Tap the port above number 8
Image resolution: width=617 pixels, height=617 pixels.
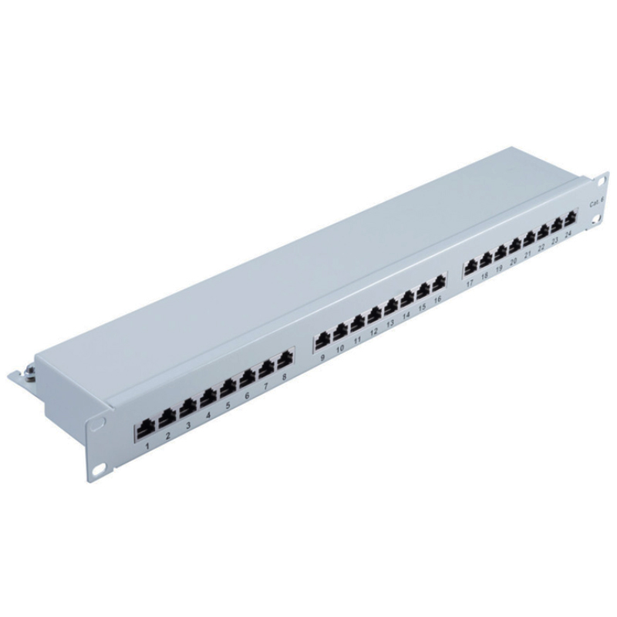pos(286,360)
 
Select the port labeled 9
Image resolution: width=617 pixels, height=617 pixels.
pos(323,341)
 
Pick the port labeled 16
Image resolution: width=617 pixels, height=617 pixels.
pos(440,282)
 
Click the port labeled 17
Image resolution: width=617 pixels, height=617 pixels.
pos(470,268)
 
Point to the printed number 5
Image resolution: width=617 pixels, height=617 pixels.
pos(228,404)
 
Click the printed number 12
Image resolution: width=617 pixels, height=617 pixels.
pos(374,332)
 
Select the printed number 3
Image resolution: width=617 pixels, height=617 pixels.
pos(188,425)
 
